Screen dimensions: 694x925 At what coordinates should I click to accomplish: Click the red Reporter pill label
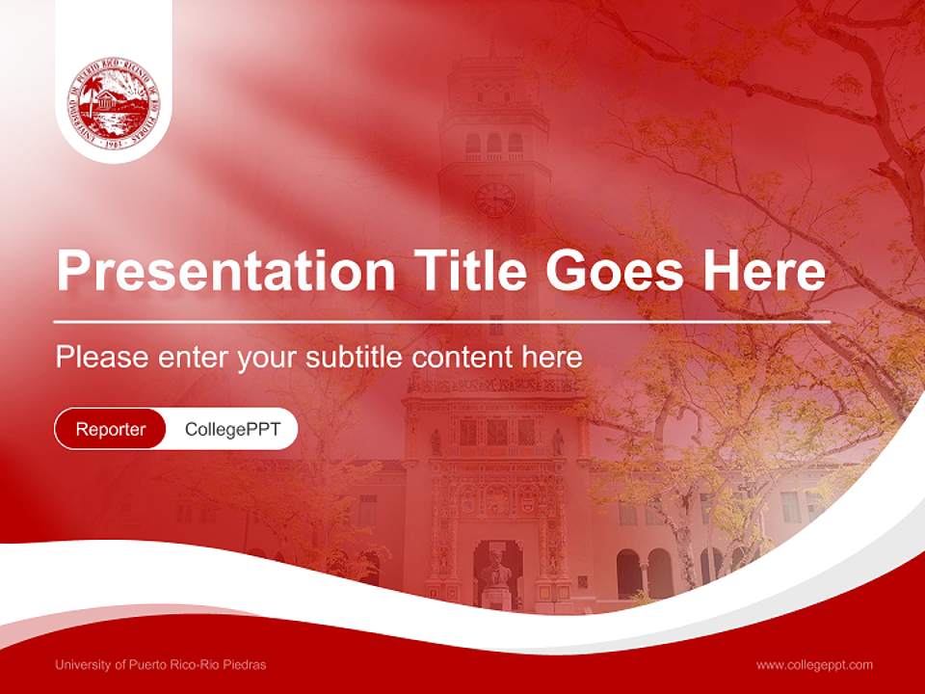point(111,429)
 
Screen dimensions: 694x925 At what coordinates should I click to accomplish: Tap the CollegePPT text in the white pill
point(232,429)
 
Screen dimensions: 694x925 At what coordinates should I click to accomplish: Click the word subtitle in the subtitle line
point(354,358)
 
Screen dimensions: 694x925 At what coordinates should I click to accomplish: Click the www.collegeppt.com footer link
point(814,664)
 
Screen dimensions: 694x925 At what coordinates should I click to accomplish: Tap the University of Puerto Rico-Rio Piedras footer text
point(161,664)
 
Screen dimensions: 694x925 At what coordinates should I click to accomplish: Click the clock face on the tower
point(494,200)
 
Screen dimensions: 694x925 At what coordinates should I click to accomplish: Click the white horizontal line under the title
point(442,320)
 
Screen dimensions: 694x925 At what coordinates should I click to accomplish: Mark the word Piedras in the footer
point(245,664)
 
